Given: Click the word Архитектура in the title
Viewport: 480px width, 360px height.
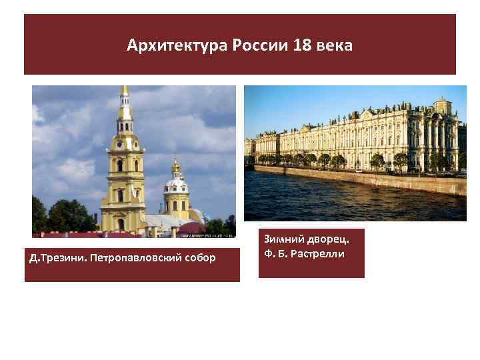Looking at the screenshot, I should point(177,46).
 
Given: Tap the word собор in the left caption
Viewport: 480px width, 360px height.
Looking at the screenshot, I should point(199,257).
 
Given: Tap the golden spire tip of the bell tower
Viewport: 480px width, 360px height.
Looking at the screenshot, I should point(124,91).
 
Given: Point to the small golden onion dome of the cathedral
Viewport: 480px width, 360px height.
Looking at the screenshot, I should point(176,166).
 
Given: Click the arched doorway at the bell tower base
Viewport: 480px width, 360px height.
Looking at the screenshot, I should point(121,224).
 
